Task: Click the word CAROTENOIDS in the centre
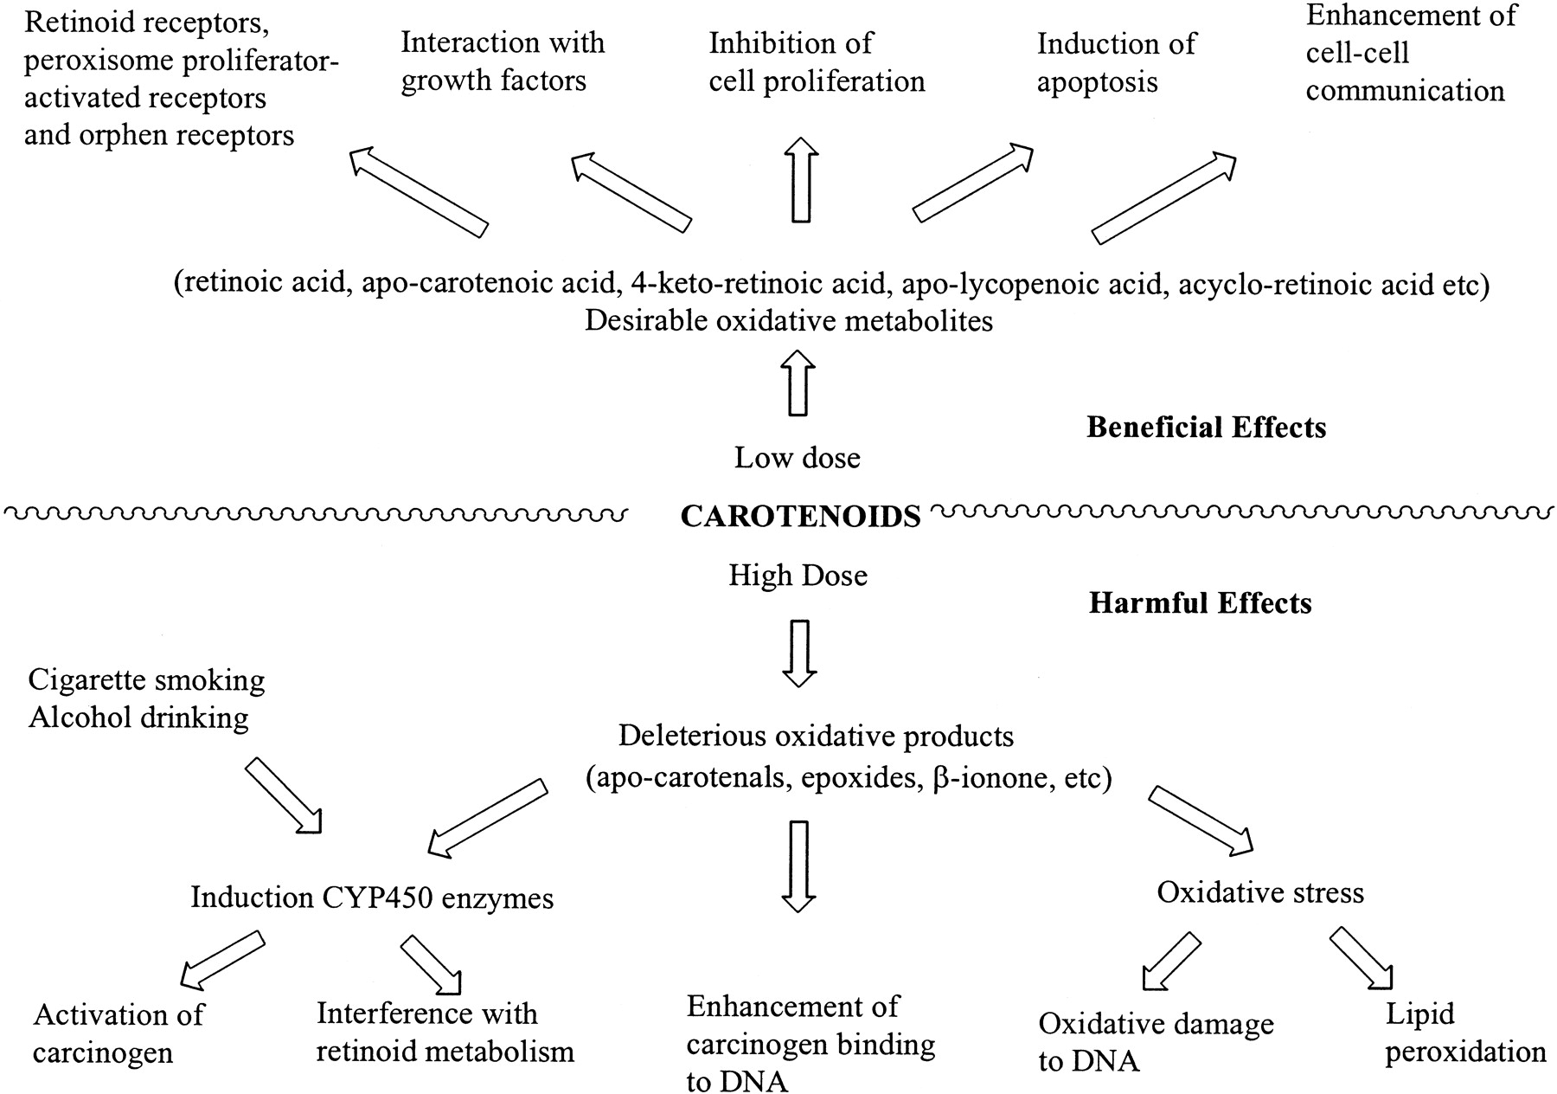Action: (800, 517)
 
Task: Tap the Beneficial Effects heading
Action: (1206, 427)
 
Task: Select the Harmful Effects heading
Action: (1200, 602)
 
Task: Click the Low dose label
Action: (798, 457)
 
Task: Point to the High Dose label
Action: (798, 576)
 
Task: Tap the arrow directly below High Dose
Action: (798, 653)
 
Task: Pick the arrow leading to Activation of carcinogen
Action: (221, 960)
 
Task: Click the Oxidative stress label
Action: (1260, 892)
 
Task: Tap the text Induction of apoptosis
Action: (1116, 62)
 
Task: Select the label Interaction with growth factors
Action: (503, 61)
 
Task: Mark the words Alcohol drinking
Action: (138, 718)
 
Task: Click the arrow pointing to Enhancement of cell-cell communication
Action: (1163, 198)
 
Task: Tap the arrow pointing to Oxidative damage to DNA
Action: (1172, 961)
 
